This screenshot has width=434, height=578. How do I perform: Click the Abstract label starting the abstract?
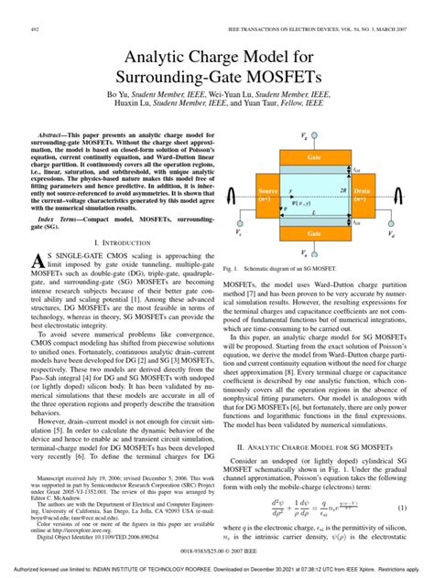(53, 132)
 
